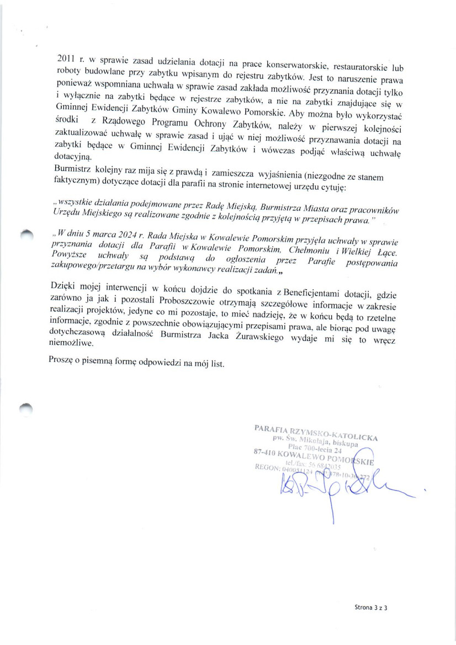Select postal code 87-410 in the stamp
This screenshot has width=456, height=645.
[264, 452]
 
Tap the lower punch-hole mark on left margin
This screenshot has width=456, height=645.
[25, 408]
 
